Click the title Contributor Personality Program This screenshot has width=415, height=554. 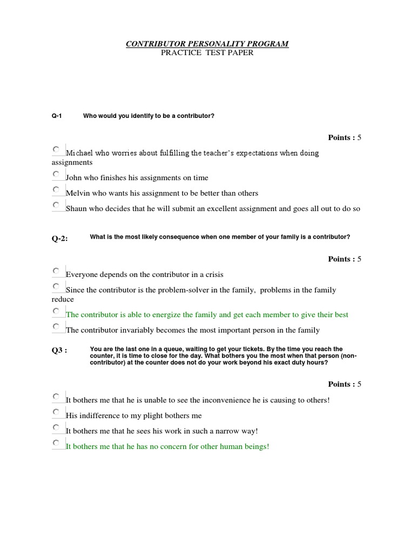coord(207,44)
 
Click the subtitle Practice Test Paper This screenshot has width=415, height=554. coord(207,53)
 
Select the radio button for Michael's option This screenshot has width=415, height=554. coord(57,149)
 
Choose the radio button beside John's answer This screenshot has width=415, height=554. coord(57,174)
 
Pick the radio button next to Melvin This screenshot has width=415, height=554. coord(57,189)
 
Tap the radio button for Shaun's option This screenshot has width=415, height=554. coord(57,205)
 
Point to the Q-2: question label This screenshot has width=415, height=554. coord(60,238)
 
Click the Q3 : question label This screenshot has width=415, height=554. coord(59,350)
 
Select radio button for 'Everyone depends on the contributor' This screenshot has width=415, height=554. coord(57,271)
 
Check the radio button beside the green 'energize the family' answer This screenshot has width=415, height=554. coord(57,311)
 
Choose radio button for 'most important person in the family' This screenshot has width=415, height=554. coord(57,326)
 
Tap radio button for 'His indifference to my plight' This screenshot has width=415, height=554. coord(57,412)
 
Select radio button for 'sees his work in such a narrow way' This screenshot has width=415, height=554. coord(57,427)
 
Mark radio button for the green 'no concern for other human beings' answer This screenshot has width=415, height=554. coord(57,443)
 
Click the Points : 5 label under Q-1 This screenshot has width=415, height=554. coord(344,137)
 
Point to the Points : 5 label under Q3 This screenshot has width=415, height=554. coord(344,384)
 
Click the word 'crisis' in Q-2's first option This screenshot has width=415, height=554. coord(213,275)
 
